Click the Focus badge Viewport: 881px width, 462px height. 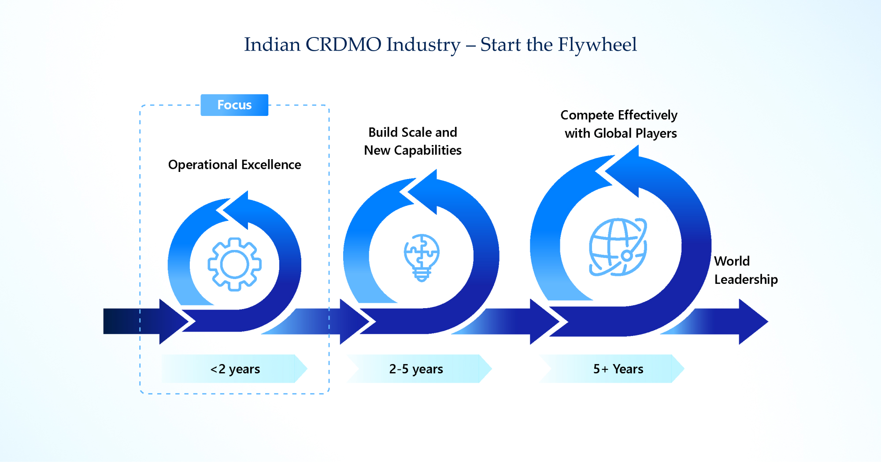234,105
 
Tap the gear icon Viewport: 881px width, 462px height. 234,264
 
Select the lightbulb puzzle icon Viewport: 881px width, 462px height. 422,257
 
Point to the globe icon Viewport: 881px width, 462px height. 618,247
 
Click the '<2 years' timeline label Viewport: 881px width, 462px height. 235,369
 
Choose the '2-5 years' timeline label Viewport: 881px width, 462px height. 416,369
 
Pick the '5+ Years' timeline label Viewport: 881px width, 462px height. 618,369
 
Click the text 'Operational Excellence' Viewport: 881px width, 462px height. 234,164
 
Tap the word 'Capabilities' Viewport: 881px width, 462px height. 428,150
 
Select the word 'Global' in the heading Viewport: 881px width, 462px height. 613,133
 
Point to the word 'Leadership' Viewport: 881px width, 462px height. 746,279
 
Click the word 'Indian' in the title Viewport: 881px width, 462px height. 272,45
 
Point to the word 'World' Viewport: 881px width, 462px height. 732,261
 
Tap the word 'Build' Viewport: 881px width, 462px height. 382,132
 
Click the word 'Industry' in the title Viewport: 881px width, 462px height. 423,45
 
